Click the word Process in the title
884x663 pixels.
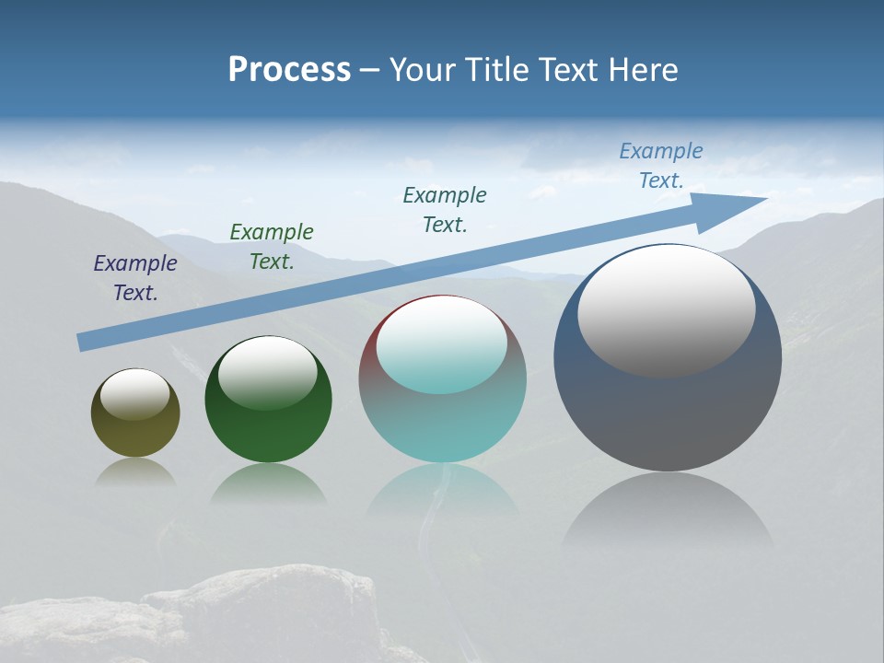pyautogui.click(x=289, y=70)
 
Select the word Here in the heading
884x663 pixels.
pyautogui.click(x=642, y=70)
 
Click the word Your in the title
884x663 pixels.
pyautogui.click(x=422, y=70)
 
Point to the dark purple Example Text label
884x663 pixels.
pyautogui.click(x=135, y=278)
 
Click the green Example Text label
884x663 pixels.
pyautogui.click(x=272, y=247)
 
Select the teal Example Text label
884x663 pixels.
pyautogui.click(x=445, y=209)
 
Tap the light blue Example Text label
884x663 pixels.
pyautogui.click(x=661, y=166)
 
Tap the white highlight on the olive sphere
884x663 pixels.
pyautogui.click(x=135, y=395)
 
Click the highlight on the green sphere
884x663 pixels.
pyautogui.click(x=268, y=373)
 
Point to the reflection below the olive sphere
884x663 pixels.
pyautogui.click(x=135, y=472)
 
